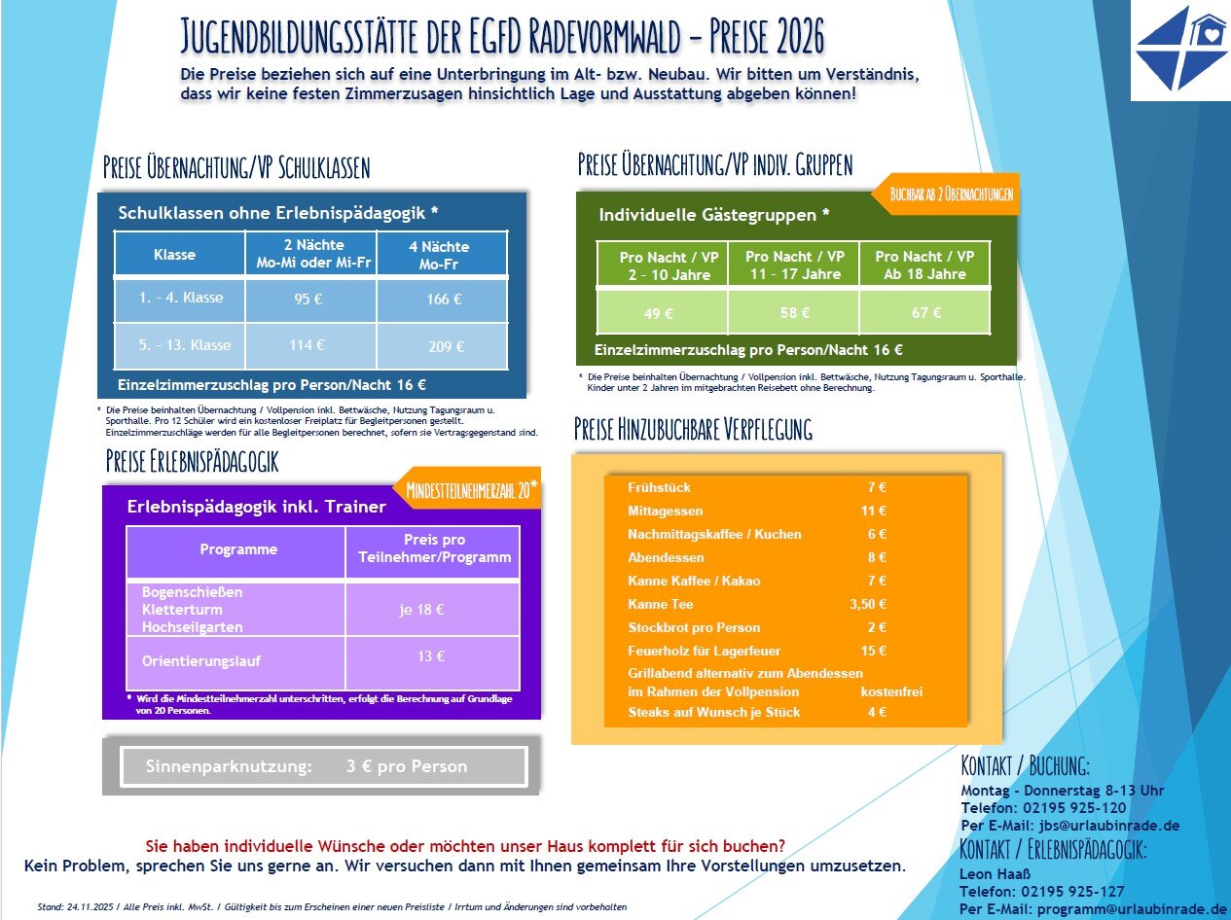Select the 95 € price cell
pyautogui.click(x=308, y=300)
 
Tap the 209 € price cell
pyautogui.click(x=446, y=346)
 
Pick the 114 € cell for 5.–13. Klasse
pyautogui.click(x=308, y=345)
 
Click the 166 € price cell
pyautogui.click(x=443, y=300)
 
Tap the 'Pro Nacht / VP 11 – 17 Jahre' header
pyautogui.click(x=794, y=265)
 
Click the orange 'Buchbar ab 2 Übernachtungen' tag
pyautogui.click(x=952, y=194)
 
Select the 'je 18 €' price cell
pyautogui.click(x=421, y=610)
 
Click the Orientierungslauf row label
pyautogui.click(x=201, y=661)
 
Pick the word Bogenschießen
pyautogui.click(x=193, y=592)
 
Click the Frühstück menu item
pyautogui.click(x=660, y=487)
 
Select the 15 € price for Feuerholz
pyautogui.click(x=873, y=652)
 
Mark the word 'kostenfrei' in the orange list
pyautogui.click(x=891, y=692)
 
